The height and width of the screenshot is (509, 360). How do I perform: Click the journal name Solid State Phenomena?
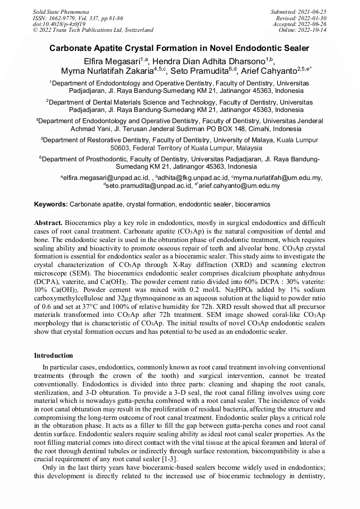61,11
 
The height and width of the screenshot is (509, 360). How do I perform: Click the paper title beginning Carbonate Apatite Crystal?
179,48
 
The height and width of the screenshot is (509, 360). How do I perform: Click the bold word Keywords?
50,204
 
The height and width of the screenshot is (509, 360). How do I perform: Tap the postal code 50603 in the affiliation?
120,148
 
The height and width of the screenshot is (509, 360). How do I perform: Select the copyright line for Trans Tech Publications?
93,30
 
